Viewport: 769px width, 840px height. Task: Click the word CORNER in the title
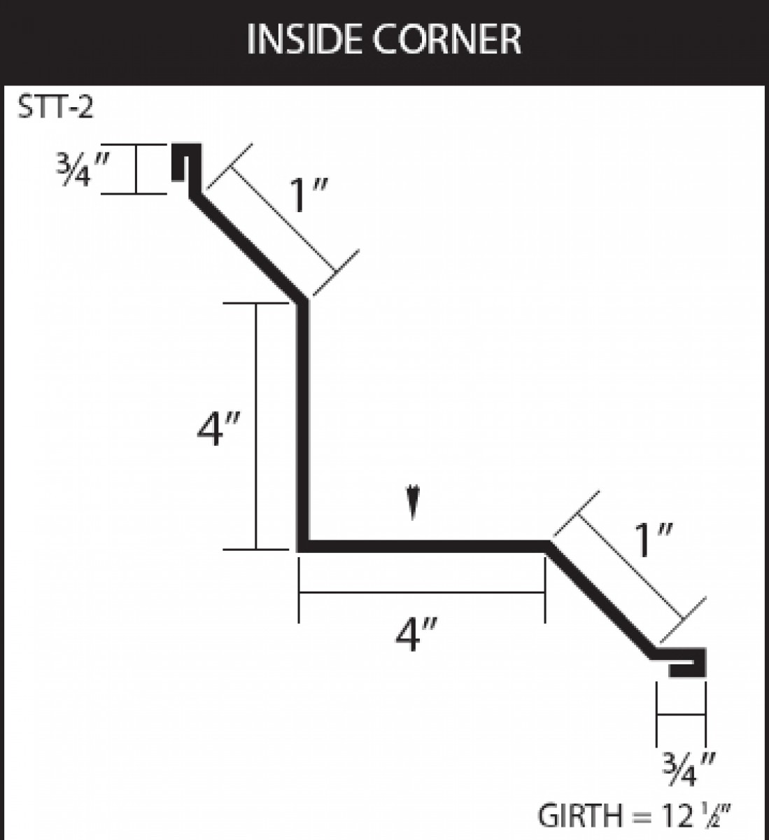[x=446, y=39]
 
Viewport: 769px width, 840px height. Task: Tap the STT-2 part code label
[x=55, y=107]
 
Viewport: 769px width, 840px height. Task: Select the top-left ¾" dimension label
[x=83, y=169]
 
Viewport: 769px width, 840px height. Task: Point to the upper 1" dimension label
[x=308, y=195]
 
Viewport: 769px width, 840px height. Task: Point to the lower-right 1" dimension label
[x=653, y=540]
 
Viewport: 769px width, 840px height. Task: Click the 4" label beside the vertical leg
[x=218, y=429]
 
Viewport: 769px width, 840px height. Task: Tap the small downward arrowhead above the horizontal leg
[x=414, y=502]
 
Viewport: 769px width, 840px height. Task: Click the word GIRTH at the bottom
[x=580, y=815]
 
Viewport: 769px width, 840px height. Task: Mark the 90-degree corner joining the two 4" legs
[x=303, y=547]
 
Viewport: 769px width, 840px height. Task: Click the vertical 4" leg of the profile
[x=303, y=423]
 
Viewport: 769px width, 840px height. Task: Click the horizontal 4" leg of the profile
[x=423, y=547]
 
